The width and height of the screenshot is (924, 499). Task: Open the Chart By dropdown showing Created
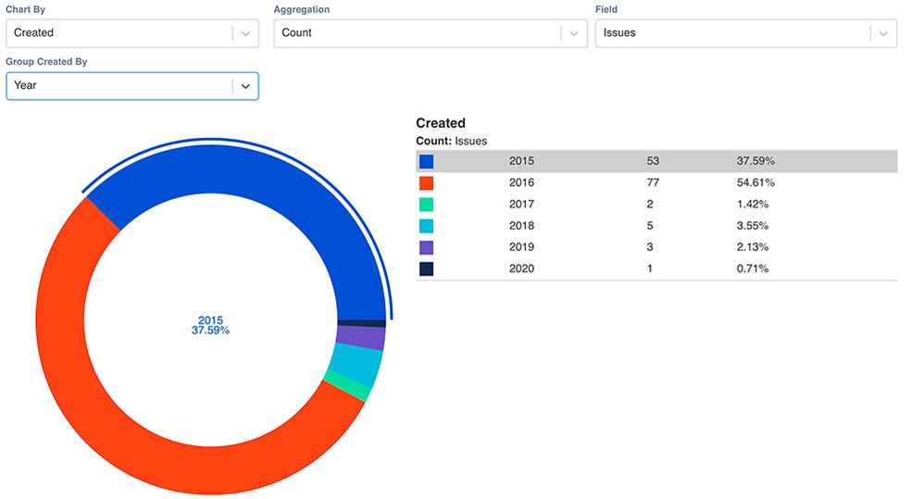tap(131, 33)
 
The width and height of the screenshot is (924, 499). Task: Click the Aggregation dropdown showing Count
tap(430, 33)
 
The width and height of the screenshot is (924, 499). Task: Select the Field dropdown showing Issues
tap(745, 33)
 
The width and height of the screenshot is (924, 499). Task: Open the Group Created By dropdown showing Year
tap(131, 85)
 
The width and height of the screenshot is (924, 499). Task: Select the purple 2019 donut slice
tap(360, 337)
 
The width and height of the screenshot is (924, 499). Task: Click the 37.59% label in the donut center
tap(210, 331)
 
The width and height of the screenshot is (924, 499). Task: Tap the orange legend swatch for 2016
tap(426, 182)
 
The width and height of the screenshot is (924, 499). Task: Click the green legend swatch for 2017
tap(426, 204)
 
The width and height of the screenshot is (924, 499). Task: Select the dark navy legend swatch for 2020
tap(426, 268)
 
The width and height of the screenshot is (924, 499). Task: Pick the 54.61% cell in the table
tap(755, 182)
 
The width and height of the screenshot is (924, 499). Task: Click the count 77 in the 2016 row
tap(653, 182)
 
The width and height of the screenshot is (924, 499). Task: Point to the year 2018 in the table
tap(521, 226)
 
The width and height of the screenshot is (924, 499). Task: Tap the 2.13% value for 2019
tap(753, 247)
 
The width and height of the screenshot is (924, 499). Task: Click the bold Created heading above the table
tap(441, 123)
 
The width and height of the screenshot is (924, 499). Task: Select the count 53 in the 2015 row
tap(653, 161)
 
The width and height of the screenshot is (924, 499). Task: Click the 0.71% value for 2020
tap(753, 268)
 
